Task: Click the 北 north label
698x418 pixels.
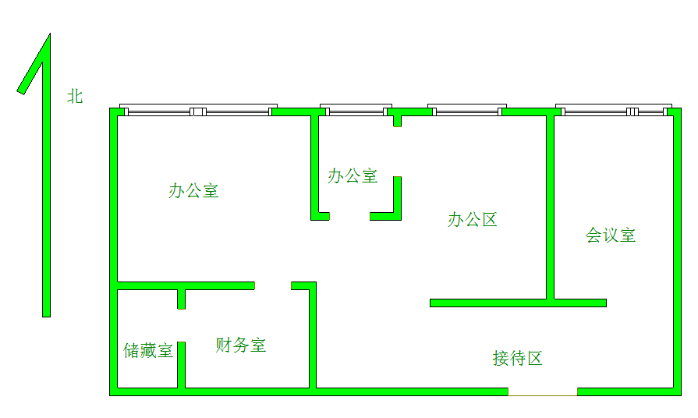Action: [75, 96]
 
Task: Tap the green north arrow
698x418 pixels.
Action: [46, 178]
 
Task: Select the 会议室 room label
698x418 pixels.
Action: [611, 235]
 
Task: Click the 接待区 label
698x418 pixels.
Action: [518, 358]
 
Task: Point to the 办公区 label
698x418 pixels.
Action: [473, 219]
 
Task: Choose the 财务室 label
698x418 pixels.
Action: [241, 345]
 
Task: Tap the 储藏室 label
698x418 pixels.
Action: [148, 350]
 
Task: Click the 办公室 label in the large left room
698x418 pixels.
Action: [193, 190]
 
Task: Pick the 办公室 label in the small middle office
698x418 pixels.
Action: [353, 175]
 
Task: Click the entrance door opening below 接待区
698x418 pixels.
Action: [543, 391]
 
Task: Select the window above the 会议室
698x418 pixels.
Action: [614, 110]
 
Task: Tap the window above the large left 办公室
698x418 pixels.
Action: [198, 110]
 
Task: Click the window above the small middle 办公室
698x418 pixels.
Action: [356, 110]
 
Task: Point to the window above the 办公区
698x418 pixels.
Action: [467, 110]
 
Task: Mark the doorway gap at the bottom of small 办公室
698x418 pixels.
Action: [349, 216]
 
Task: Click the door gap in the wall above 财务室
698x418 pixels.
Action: [273, 285]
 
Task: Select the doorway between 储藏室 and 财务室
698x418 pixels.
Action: [181, 325]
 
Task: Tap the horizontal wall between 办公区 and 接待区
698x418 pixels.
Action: [518, 303]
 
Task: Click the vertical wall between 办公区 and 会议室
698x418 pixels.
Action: [550, 207]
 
